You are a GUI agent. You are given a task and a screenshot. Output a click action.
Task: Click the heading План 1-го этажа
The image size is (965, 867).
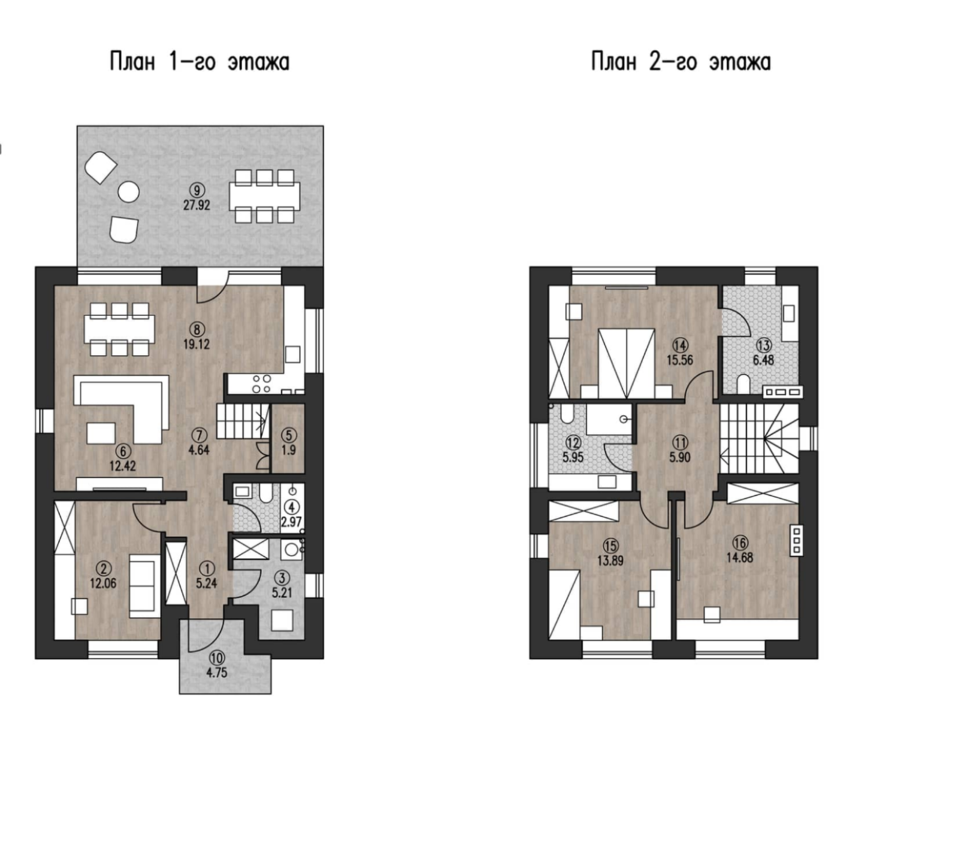click(199, 62)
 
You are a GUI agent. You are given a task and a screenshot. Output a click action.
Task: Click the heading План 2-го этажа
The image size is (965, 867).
click(681, 62)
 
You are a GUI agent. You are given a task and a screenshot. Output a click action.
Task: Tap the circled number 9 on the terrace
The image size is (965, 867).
click(197, 190)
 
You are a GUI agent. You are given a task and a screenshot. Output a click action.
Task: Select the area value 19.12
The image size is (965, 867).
click(197, 344)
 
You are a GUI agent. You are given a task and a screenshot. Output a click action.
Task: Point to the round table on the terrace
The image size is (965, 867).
click(128, 192)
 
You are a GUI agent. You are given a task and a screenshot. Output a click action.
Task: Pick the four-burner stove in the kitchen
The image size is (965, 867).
click(262, 383)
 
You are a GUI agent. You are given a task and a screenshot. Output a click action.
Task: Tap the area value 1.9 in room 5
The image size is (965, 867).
click(289, 449)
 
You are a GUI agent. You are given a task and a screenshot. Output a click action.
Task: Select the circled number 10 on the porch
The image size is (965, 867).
click(217, 658)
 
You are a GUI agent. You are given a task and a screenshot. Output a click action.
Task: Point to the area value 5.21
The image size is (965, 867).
click(282, 593)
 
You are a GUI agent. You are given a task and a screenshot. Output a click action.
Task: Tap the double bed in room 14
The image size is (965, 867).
click(626, 363)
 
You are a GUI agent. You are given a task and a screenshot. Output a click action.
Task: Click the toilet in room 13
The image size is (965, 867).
click(744, 383)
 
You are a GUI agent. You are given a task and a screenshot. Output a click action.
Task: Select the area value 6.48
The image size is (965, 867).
click(764, 360)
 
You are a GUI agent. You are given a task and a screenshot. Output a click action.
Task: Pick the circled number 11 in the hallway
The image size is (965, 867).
click(681, 443)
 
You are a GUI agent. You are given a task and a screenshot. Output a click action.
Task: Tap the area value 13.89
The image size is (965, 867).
click(611, 560)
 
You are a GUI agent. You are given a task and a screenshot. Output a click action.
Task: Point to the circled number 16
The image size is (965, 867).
click(740, 543)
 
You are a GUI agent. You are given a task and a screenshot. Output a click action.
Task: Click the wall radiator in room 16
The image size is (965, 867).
click(796, 540)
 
